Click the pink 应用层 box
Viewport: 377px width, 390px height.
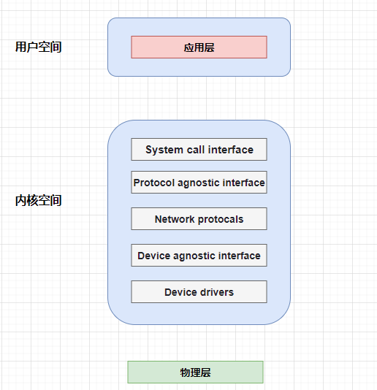pos(199,47)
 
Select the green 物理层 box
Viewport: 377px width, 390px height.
pos(195,372)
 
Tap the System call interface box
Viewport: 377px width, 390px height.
pos(199,149)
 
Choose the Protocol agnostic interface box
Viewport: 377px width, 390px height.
pos(199,182)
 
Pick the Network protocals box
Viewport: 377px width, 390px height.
pos(199,218)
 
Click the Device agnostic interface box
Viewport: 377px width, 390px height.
pos(199,255)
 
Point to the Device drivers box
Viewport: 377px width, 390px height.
pos(199,291)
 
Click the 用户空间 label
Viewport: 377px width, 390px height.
pos(38,47)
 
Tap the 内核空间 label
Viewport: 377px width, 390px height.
pos(38,200)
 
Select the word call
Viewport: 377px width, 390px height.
pos(196,150)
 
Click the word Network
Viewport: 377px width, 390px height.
pos(175,219)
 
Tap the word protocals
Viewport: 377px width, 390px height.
pos(221,220)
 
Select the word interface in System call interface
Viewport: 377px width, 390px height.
pos(231,150)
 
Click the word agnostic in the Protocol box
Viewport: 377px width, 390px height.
pos(198,183)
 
